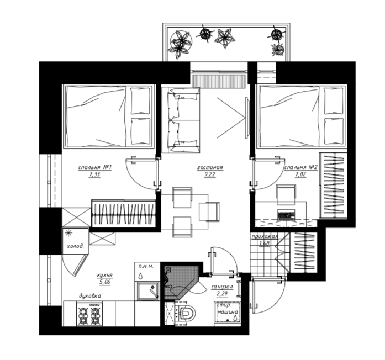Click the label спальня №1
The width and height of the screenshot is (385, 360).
(95, 167)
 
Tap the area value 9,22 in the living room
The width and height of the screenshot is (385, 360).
(210, 174)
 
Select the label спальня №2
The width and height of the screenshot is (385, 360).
(301, 167)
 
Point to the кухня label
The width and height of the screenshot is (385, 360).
(104, 276)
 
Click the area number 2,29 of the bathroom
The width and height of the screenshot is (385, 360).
(222, 294)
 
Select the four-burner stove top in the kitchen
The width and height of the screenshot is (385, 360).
(89, 314)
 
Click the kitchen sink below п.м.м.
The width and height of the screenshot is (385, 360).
(148, 291)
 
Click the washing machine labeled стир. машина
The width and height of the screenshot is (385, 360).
(228, 313)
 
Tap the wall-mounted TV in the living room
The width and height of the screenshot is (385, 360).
(247, 118)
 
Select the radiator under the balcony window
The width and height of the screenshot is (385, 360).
(219, 81)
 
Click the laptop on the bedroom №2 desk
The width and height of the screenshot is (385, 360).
(286, 214)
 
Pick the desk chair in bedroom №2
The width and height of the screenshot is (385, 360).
(286, 195)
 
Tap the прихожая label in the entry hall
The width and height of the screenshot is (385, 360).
(265, 236)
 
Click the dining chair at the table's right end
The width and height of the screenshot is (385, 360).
(209, 211)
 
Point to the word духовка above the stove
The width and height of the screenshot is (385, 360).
(90, 296)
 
